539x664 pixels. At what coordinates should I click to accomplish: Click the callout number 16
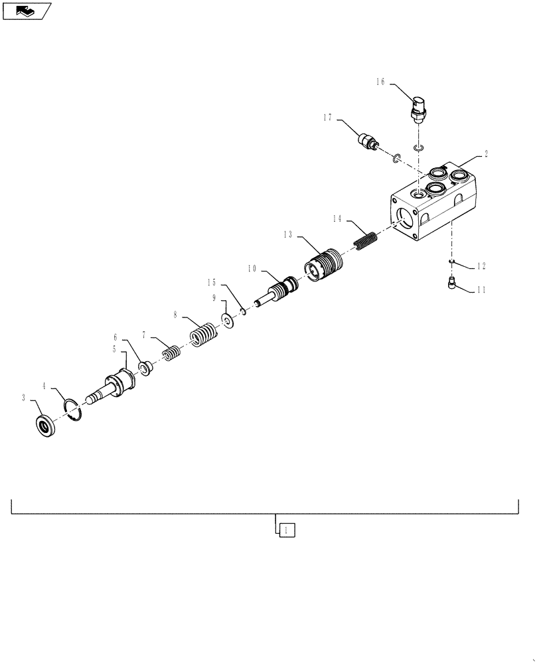(380, 82)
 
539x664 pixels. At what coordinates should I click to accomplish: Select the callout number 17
(328, 119)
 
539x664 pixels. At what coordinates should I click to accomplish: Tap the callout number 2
(486, 154)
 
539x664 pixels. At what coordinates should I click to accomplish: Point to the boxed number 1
(285, 530)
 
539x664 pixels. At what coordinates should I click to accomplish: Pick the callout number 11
(481, 290)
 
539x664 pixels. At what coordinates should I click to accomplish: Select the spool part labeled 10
(279, 292)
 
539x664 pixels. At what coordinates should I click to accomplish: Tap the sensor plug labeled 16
(418, 108)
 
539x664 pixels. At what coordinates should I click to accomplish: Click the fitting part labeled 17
(367, 141)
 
